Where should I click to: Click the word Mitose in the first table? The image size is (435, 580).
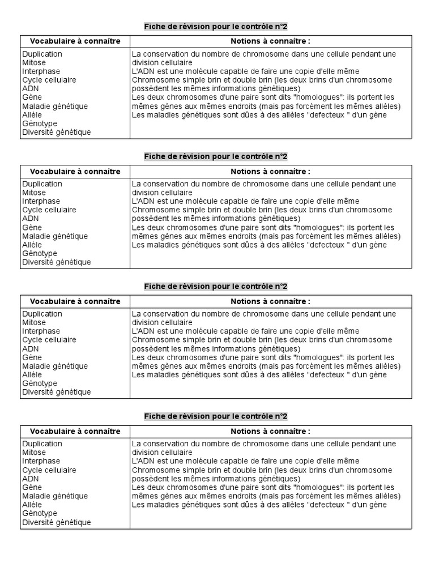pos(34,63)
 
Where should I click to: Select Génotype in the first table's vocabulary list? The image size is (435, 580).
pos(39,123)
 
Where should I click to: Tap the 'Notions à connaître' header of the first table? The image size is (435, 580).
pos(270,41)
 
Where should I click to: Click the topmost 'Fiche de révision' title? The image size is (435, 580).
pos(216,27)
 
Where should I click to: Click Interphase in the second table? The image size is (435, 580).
pos(41,201)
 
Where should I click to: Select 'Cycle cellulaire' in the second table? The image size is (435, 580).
pos(49,210)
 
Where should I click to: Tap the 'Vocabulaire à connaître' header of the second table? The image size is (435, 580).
pos(75,172)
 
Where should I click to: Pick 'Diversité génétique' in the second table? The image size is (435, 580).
pos(56,262)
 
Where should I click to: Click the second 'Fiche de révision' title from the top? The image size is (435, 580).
pos(216,156)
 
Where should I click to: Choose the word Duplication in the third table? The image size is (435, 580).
pos(42,314)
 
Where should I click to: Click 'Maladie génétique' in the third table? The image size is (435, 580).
pos(55,366)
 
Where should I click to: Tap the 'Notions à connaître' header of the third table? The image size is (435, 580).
pos(270,301)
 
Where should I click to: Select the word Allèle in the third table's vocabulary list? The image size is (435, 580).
pos(32,374)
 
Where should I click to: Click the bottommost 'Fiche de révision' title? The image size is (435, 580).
pos(216,416)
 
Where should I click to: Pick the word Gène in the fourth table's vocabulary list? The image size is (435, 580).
pos(32,487)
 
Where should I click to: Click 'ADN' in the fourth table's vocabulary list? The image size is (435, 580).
pos(31,479)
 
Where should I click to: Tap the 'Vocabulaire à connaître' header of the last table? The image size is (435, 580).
pos(75,431)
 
